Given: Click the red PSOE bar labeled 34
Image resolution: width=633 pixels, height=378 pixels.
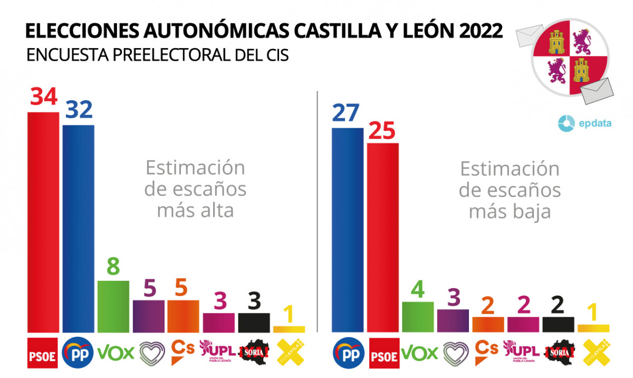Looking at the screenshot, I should tap(43, 222).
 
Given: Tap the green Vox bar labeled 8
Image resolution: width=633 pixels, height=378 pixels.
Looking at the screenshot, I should tap(113, 306).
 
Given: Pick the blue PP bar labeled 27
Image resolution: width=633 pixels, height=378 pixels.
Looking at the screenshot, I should tap(348, 230).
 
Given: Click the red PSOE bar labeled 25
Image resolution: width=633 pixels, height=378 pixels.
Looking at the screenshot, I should tap(382, 238).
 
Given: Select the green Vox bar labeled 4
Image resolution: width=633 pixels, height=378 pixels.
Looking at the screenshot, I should tap(418, 317).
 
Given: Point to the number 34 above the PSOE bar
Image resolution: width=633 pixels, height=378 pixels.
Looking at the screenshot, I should tap(43, 97).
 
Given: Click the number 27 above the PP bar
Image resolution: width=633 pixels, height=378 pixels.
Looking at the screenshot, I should tap(347, 113).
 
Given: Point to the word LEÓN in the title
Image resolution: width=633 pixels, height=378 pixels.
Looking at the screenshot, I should tap(424, 31).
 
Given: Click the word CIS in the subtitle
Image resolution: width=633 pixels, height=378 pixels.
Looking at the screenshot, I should tap(275, 55).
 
